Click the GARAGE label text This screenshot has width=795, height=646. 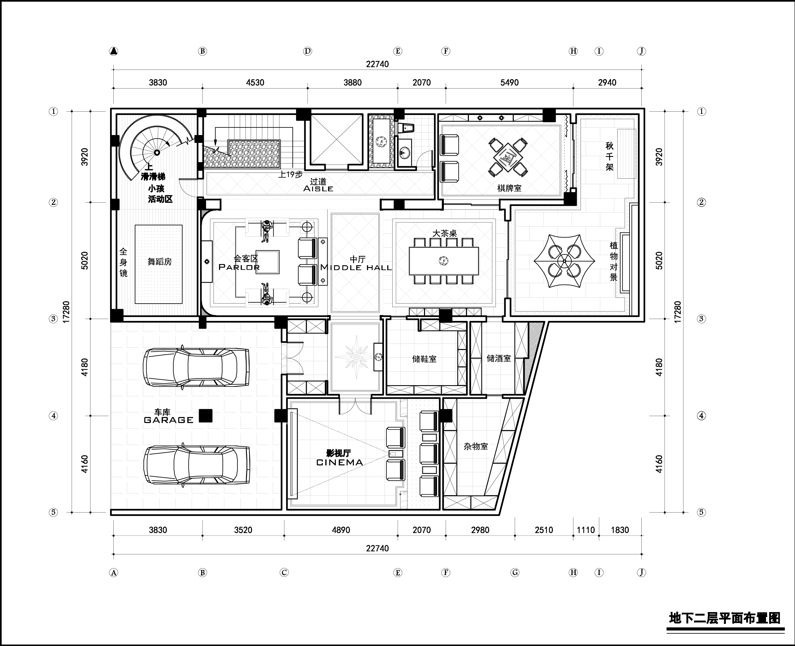(168, 420)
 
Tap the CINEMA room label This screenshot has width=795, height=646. (339, 463)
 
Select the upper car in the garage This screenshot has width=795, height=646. (196, 368)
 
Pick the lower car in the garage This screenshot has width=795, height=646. (197, 465)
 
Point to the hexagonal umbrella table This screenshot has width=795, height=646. (564, 261)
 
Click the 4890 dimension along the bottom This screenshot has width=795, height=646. (341, 530)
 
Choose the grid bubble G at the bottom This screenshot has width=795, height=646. (515, 573)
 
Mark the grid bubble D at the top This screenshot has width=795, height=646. (308, 51)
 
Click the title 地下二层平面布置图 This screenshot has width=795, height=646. (724, 618)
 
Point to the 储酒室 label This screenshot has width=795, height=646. (498, 358)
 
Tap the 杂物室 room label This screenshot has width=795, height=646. (476, 446)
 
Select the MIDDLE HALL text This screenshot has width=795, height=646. (356, 267)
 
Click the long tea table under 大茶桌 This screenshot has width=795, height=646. (444, 261)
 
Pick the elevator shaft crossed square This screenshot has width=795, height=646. (336, 139)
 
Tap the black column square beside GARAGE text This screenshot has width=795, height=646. (205, 416)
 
